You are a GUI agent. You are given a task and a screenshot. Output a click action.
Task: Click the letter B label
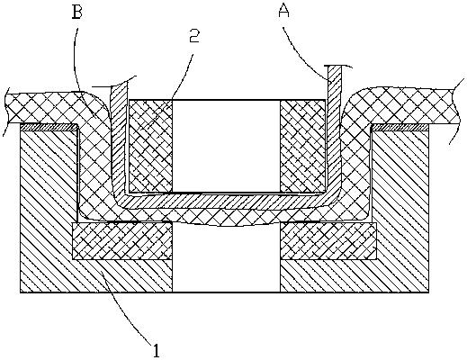tap(77, 12)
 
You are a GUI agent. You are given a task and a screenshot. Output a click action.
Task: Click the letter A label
tap(283, 12)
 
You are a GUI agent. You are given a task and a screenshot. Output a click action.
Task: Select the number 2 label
tap(194, 36)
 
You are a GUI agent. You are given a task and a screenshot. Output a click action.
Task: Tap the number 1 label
tap(156, 351)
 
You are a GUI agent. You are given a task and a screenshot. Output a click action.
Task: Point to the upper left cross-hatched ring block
tap(150, 146)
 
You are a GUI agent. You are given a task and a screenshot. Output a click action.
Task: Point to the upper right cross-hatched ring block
tap(302, 146)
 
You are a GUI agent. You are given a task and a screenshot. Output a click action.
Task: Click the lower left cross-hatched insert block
tap(122, 240)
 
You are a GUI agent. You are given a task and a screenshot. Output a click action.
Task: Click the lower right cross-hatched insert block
tap(328, 240)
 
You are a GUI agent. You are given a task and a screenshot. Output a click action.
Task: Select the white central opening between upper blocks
tap(226, 146)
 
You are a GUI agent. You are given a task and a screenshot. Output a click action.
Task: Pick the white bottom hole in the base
tap(226, 258)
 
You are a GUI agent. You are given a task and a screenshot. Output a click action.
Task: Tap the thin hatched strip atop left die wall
tap(49, 128)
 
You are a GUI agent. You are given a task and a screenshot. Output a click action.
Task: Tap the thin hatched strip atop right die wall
tap(400, 128)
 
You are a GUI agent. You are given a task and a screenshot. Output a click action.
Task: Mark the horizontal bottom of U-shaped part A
tap(227, 201)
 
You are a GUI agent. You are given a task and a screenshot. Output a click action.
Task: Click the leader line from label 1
tap(128, 308)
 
